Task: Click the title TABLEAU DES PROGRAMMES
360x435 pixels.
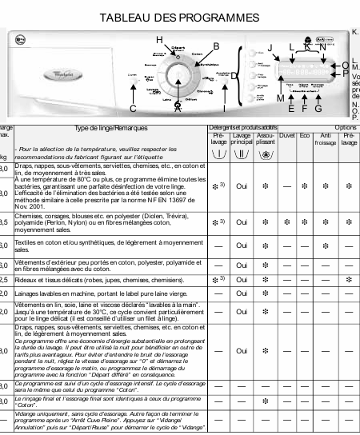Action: [179, 17]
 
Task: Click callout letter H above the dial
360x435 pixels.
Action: [158, 40]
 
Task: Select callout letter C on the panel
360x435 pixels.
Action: [132, 108]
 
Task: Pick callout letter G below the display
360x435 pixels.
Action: [318, 108]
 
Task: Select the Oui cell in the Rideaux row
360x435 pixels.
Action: [241, 280]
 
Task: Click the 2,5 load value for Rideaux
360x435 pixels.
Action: [4, 280]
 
